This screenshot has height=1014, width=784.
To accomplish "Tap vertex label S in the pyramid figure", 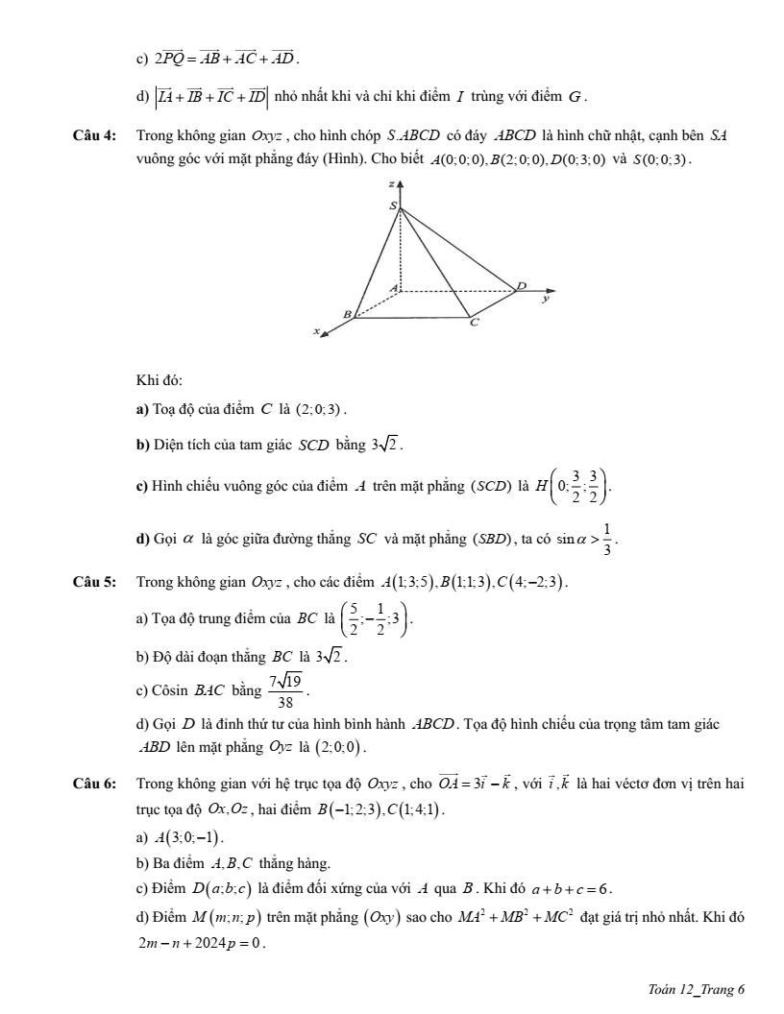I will coord(392,206).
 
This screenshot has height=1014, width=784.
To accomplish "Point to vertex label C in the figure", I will coord(472,325).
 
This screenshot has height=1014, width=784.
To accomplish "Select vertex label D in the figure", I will coord(522,285).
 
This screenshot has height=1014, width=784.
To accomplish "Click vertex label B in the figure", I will coord(348,313).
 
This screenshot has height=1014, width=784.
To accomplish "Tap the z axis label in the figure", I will coord(392,181).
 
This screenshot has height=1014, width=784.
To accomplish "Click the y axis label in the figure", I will coord(546,299).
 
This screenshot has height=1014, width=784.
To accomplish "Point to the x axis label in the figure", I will coord(314,330).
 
